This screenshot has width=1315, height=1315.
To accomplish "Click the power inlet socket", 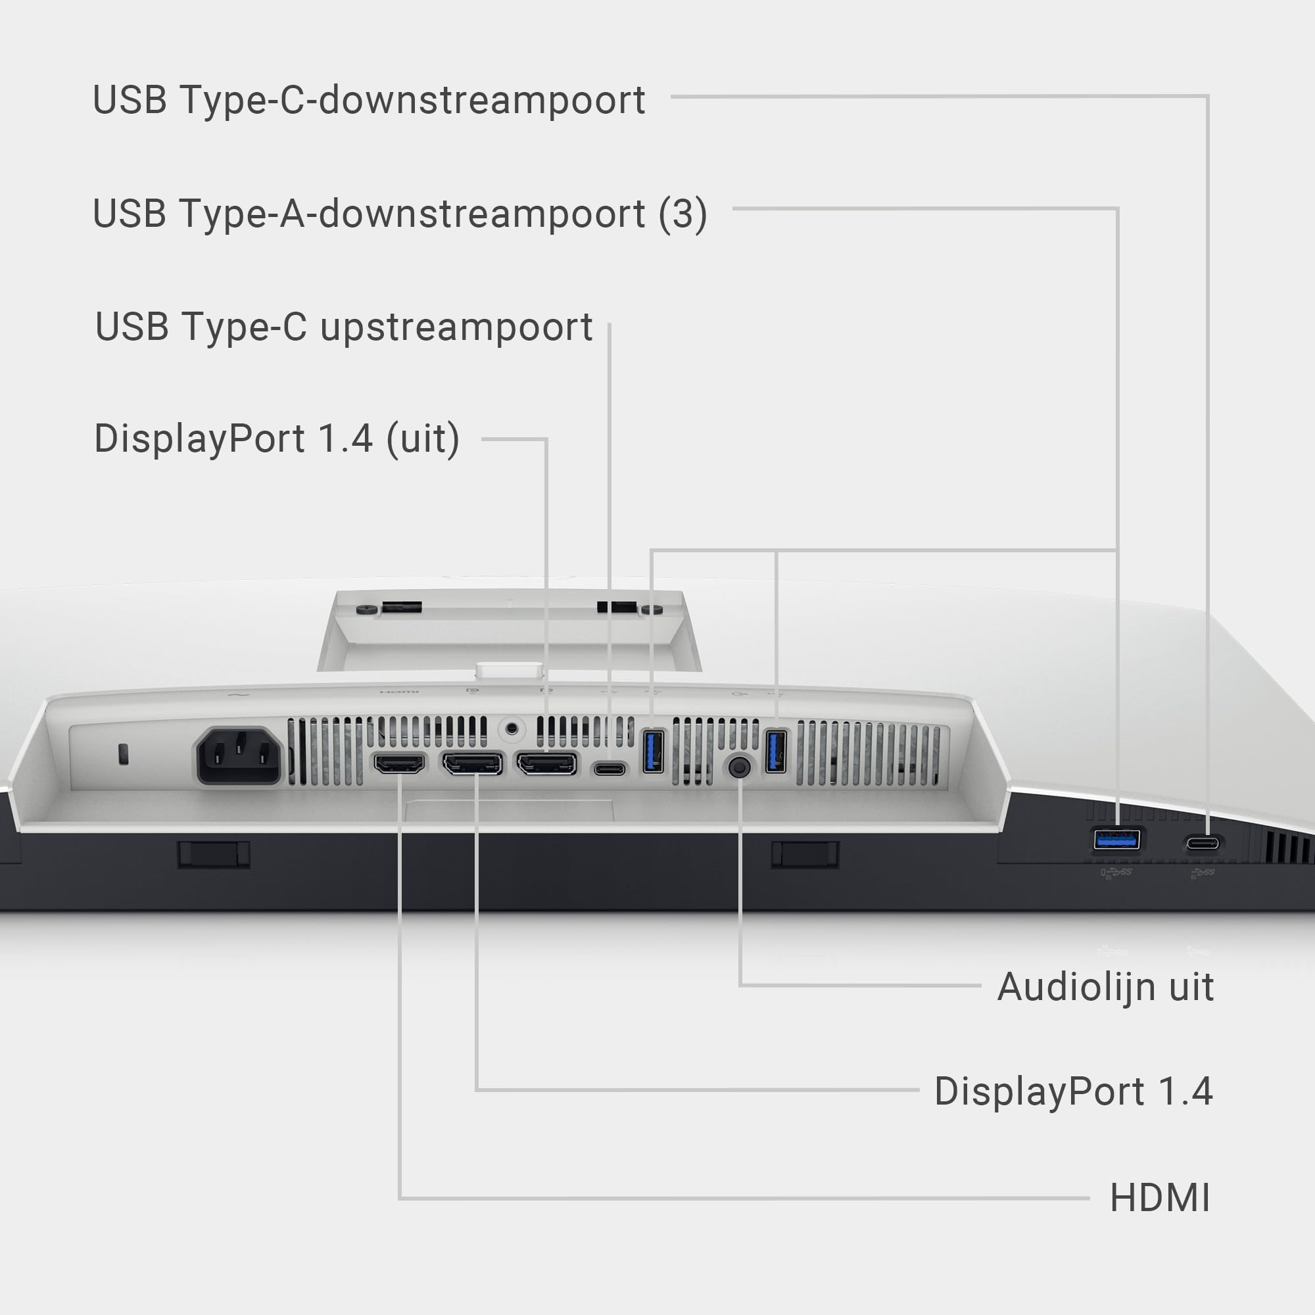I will [239, 755].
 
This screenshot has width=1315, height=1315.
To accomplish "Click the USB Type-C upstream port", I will [610, 769].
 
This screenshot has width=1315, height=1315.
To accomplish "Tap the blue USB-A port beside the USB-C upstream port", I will [653, 751].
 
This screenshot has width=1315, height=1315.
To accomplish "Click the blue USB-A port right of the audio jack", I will [775, 751].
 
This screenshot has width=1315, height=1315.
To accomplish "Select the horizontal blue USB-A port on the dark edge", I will [1116, 839].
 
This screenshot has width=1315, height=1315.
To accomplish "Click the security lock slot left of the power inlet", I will [123, 753].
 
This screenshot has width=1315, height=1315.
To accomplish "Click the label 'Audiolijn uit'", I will [1105, 987].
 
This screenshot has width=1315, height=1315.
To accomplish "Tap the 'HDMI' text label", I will [1160, 1197].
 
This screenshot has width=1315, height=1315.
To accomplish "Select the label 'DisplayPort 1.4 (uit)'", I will [276, 439].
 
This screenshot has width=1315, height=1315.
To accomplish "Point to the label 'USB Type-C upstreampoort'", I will [344, 327].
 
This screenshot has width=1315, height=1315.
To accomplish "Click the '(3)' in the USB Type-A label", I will [682, 214].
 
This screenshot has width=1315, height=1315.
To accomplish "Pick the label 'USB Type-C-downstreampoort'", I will [369, 100].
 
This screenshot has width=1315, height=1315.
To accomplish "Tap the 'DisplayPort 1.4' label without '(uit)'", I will [1074, 1091].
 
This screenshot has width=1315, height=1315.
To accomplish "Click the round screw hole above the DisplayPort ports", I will [512, 730].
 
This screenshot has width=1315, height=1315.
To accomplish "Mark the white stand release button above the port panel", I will [509, 671].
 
